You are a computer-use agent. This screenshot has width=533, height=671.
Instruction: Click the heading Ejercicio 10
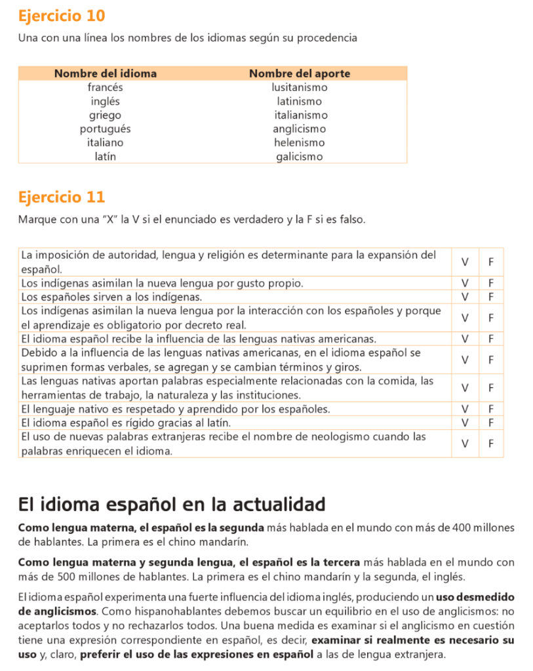[62, 16]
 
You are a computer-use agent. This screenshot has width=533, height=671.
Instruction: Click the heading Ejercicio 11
[62, 197]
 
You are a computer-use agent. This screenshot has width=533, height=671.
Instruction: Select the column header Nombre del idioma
[106, 73]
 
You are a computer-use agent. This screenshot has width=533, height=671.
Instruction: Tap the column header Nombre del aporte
[300, 73]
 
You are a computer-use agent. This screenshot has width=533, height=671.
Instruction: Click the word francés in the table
[105, 87]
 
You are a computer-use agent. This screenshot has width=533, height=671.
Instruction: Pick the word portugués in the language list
[105, 128]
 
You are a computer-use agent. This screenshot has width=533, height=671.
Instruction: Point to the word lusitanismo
[300, 87]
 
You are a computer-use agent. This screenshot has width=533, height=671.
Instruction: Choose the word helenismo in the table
[300, 142]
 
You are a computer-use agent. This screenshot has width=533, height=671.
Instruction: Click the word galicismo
[300, 157]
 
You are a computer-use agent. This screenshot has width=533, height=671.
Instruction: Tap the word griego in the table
[105, 115]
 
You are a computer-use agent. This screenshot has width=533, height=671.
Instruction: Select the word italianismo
[300, 115]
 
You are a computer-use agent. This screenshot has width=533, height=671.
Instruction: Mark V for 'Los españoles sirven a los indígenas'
[465, 297]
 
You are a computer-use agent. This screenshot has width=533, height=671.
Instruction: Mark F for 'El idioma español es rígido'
[491, 423]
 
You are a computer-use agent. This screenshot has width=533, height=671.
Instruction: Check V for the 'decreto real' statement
[465, 318]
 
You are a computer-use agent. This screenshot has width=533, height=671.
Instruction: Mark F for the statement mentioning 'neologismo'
[491, 444]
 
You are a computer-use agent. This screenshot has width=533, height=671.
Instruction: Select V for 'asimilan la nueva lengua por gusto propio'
[465, 283]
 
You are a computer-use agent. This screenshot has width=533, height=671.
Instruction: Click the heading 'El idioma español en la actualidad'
[172, 505]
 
